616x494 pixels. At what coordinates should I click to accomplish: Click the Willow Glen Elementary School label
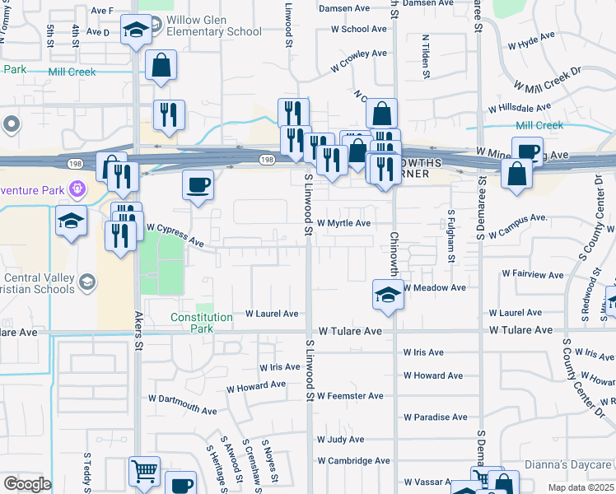click(x=213, y=26)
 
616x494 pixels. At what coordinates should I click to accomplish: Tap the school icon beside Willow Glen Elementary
click(x=134, y=31)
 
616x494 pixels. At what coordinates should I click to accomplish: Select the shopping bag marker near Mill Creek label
click(x=161, y=64)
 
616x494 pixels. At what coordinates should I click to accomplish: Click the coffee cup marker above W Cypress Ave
click(x=197, y=184)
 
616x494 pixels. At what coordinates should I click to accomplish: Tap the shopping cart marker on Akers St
click(x=144, y=472)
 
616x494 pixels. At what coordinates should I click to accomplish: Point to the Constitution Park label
click(x=202, y=323)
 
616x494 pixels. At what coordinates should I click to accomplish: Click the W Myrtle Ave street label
click(x=343, y=223)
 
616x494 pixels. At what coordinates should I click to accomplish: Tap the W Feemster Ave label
click(x=350, y=396)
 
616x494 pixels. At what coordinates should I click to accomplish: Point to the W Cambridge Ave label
click(x=351, y=461)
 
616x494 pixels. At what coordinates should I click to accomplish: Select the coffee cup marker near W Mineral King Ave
click(x=526, y=151)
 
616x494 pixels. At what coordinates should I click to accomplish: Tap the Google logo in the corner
click(x=27, y=484)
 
